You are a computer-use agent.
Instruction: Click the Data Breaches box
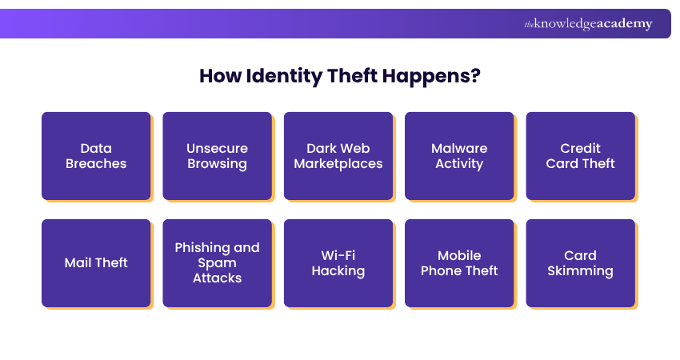coord(96,156)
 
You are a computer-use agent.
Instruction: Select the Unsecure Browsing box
coord(217,156)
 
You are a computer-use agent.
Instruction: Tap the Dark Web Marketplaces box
coord(338,156)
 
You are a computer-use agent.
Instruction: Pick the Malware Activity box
coord(459,156)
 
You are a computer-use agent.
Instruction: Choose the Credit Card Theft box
coord(580,156)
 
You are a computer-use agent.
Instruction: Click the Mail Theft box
coord(96,263)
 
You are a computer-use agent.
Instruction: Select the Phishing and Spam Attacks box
coord(217,263)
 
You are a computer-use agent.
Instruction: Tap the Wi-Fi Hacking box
coord(338,263)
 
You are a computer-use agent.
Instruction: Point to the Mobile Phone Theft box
coord(459,263)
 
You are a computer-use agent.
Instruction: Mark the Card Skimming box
coord(580,263)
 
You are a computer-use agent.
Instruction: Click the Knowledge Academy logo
coord(588,24)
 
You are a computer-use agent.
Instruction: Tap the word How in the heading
coord(218,77)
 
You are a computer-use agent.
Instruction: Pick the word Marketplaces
coord(338,164)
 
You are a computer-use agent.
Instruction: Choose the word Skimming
coord(580,271)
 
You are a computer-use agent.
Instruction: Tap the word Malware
coord(459,148)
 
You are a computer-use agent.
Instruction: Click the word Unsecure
coord(217,148)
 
